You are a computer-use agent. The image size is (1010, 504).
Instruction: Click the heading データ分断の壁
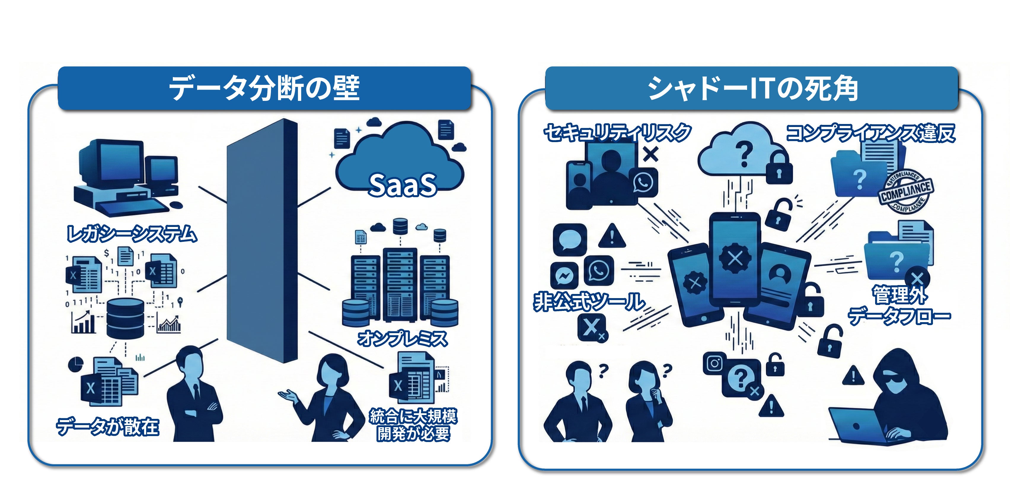pyautogui.click(x=264, y=88)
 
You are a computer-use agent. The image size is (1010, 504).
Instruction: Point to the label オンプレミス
pyautogui.click(x=402, y=338)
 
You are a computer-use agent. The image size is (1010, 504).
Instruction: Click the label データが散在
pyautogui.click(x=108, y=426)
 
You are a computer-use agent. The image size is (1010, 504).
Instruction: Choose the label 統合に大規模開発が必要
pyautogui.click(x=413, y=425)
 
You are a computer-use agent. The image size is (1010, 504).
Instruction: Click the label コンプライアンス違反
pyautogui.click(x=870, y=133)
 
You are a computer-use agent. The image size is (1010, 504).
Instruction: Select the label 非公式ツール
pyautogui.click(x=589, y=302)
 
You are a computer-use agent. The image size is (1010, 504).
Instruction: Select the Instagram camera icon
pyautogui.click(x=714, y=364)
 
